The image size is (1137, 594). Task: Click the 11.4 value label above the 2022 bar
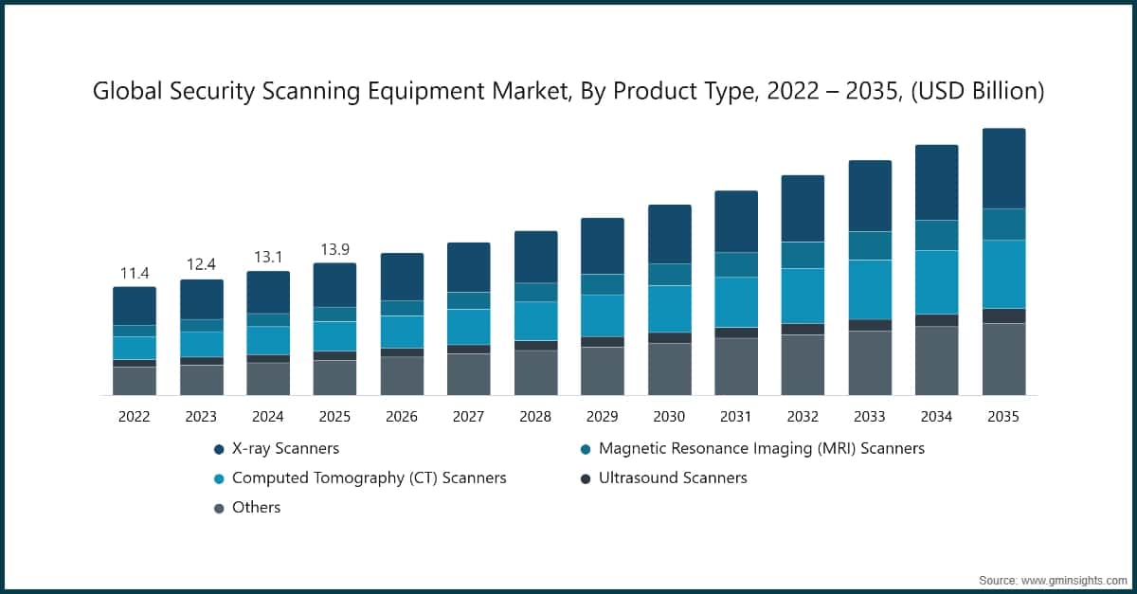click(x=135, y=274)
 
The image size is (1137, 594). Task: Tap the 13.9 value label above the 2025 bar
click(x=334, y=250)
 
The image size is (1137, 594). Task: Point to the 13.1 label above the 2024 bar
click(x=268, y=258)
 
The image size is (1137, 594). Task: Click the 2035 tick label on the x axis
click(x=1003, y=417)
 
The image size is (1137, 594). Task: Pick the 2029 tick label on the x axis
click(x=603, y=417)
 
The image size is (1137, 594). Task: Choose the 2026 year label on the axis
click(x=402, y=417)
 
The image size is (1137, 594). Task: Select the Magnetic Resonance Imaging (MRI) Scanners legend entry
click(x=761, y=448)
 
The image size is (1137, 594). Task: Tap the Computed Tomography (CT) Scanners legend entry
click(x=369, y=477)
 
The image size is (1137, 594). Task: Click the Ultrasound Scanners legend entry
click(x=672, y=477)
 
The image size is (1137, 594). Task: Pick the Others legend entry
click(x=256, y=507)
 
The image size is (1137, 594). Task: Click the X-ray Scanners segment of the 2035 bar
click(x=1003, y=169)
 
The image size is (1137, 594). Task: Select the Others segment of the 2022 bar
click(x=135, y=381)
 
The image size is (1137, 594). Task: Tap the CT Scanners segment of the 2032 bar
click(x=803, y=296)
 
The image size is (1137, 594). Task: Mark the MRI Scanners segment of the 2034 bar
click(x=936, y=235)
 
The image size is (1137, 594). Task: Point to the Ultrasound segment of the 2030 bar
click(x=669, y=337)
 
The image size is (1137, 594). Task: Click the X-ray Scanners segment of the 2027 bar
click(x=468, y=267)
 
